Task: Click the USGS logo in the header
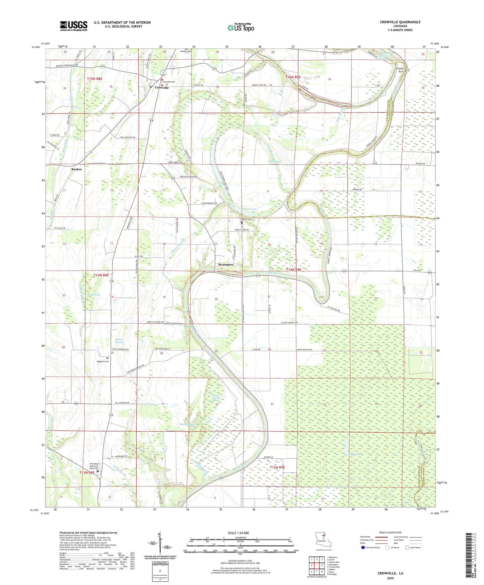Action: click(74, 26)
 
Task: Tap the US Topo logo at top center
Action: click(240, 27)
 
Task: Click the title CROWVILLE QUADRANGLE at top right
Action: click(400, 22)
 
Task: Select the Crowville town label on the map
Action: click(161, 88)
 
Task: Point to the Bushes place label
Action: click(76, 169)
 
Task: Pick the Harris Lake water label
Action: click(249, 209)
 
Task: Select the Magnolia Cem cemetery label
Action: click(103, 362)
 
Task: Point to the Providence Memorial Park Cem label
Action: click(95, 466)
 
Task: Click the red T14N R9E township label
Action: click(296, 270)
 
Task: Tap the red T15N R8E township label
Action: click(94, 79)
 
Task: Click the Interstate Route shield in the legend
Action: click(363, 547)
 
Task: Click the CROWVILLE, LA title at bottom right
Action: click(390, 573)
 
